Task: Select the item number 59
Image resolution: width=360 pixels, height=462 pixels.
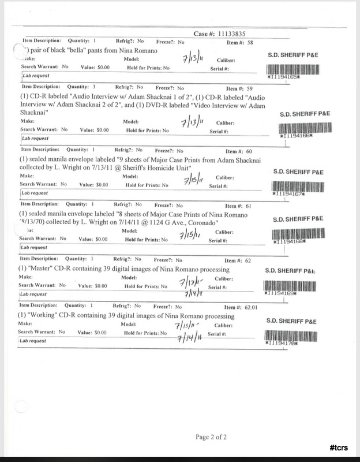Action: pos(249,88)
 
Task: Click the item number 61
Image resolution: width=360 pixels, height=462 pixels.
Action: pos(249,206)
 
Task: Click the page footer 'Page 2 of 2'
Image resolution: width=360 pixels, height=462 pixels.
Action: pos(213,436)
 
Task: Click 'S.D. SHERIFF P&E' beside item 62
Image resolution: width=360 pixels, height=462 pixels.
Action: pos(291,270)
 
